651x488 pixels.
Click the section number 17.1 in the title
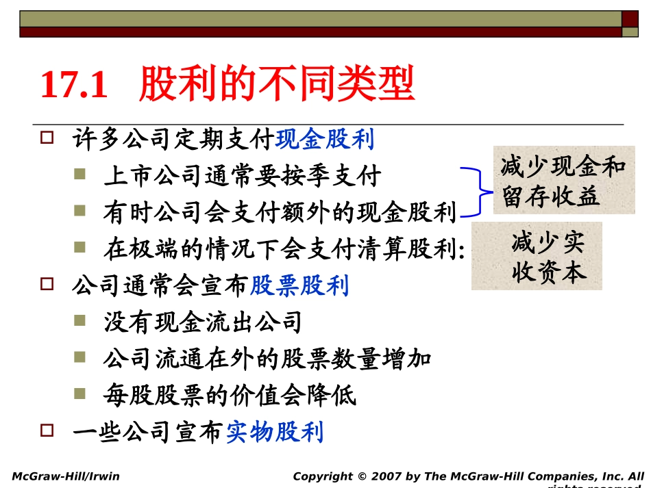74,86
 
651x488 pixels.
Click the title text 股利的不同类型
277,86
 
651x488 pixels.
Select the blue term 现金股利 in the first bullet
325,140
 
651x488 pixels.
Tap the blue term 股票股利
299,285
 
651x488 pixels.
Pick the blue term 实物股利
275,433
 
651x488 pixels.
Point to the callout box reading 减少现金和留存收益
563,181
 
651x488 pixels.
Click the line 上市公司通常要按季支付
242,177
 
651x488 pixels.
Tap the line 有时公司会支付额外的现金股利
280,213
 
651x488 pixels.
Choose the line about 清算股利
284,250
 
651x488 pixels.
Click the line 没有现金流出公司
203,322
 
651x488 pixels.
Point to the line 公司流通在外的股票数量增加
267,359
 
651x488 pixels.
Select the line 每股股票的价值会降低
230,396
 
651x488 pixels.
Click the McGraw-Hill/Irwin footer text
66,476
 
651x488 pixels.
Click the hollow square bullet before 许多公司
47,138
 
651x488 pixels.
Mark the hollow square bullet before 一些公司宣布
47,431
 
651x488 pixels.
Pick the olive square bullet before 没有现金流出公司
80,320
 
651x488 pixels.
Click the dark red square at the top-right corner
630,18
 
